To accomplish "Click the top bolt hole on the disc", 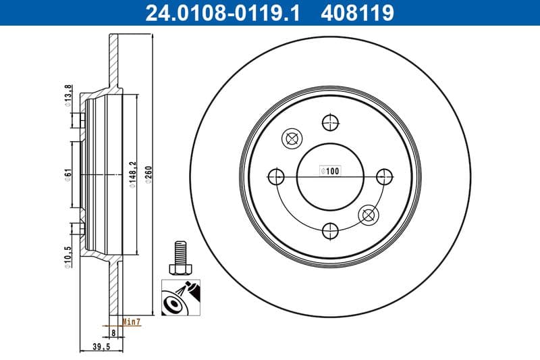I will click(x=330, y=122).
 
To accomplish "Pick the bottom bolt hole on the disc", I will click(x=330, y=231).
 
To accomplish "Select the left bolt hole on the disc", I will click(x=276, y=177).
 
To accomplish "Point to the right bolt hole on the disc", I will click(x=384, y=177).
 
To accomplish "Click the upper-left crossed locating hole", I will click(x=292, y=138).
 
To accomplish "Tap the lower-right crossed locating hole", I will click(x=369, y=215).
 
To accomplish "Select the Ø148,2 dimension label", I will click(x=132, y=175).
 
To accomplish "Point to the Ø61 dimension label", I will click(x=67, y=175).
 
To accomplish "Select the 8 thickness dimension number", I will click(x=113, y=333).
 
